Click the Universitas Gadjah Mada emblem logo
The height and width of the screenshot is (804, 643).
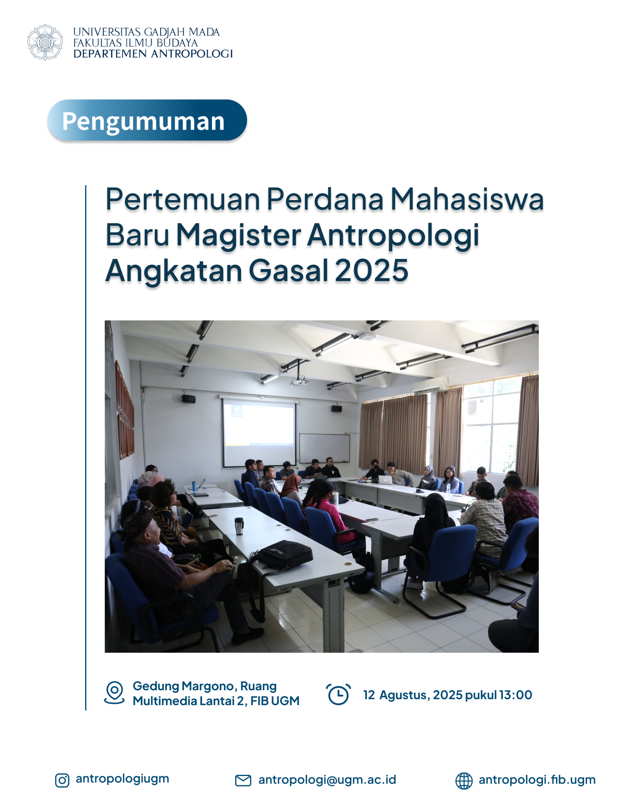coord(45,42)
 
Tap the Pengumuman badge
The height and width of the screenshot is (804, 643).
coord(147,120)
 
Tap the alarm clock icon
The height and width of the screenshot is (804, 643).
coord(338,694)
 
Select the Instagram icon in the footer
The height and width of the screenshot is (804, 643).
coord(62,780)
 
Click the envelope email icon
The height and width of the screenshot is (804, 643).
coord(243,780)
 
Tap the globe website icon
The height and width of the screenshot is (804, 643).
coord(464,780)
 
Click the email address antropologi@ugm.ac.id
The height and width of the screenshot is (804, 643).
coord(327,780)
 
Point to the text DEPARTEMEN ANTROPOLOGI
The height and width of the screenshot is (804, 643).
coord(153,54)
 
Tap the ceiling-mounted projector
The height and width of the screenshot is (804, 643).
coord(299,381)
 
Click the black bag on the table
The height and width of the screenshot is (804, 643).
coord(284,554)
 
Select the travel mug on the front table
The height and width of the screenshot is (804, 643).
coord(239,526)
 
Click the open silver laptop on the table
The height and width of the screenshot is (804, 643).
coord(386,480)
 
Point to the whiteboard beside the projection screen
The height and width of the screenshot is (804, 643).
coord(324,448)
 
